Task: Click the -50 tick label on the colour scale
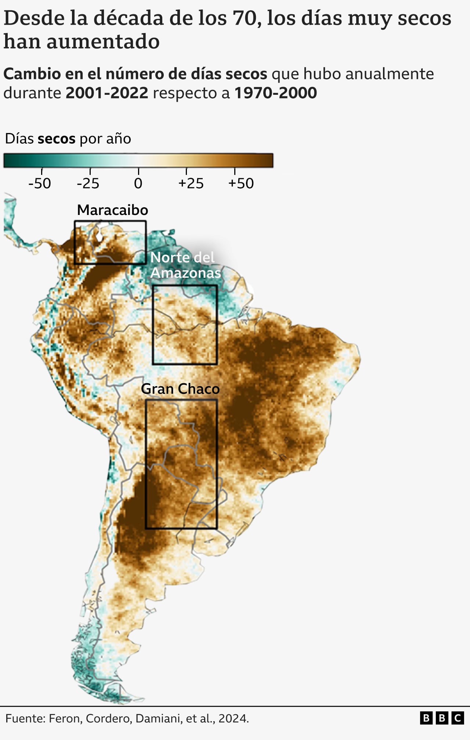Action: tap(40, 183)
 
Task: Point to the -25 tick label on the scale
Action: tap(88, 183)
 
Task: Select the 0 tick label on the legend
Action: tap(138, 183)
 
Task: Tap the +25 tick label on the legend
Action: tap(191, 183)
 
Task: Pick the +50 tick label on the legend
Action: tap(241, 183)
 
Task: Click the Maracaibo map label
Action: tap(112, 210)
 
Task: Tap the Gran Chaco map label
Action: tap(180, 389)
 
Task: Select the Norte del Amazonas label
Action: tap(185, 265)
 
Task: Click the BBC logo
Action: tap(442, 718)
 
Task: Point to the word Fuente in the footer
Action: tap(25, 718)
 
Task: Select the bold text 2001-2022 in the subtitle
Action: tap(107, 93)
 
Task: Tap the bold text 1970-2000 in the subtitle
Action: tap(275, 93)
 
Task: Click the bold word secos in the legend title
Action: tap(57, 139)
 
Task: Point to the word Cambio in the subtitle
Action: tap(32, 74)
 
